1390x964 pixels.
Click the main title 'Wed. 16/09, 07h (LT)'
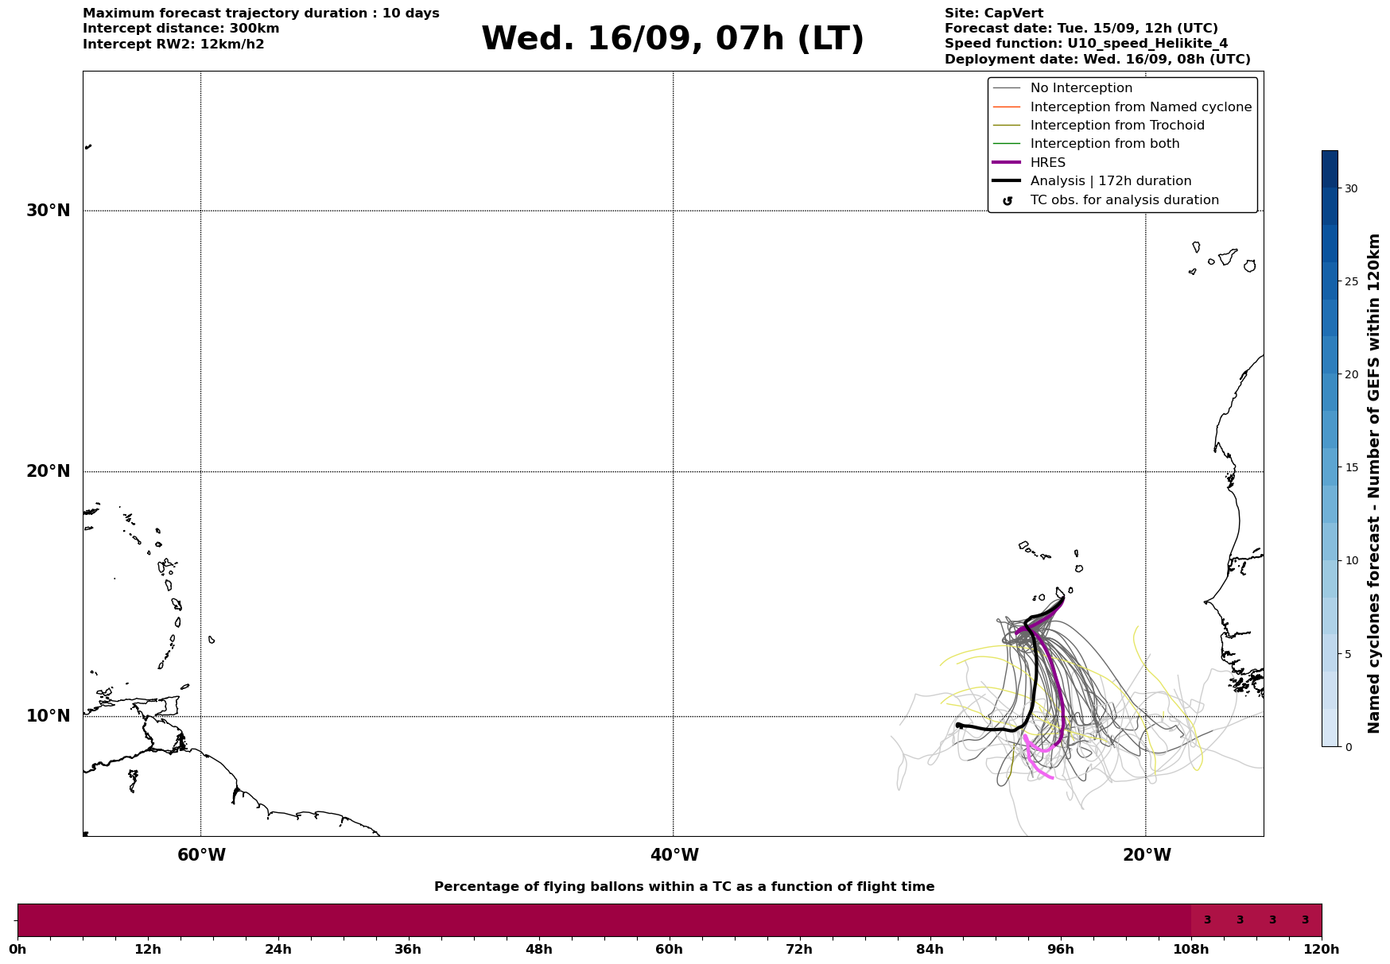[672, 39]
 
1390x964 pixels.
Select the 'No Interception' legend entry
[1081, 88]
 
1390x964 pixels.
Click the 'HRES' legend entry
[1047, 163]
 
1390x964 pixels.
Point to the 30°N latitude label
[48, 211]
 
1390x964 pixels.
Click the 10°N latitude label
[48, 716]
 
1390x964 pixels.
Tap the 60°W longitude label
[201, 855]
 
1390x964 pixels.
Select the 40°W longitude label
[674, 855]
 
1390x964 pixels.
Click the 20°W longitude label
[1147, 855]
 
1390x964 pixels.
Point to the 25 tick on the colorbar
[1351, 281]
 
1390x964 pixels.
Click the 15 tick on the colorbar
[1351, 467]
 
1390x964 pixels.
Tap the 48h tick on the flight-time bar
[538, 949]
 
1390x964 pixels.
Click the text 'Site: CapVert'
[994, 14]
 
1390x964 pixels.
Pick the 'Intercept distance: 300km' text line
[181, 29]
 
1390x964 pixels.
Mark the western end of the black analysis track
[958, 725]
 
